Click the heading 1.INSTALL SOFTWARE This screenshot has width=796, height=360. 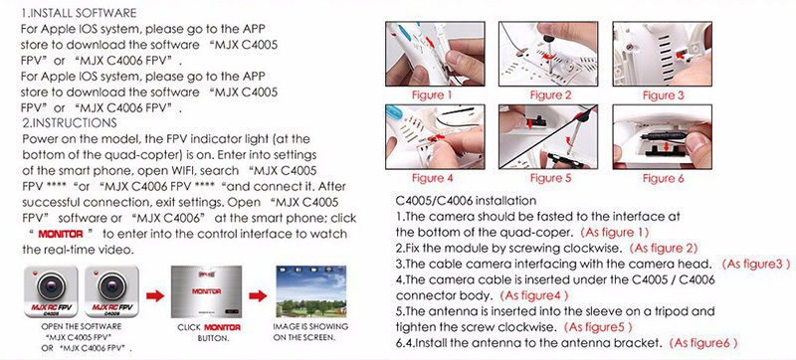[79, 13]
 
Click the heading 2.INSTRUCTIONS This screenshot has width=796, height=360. [70, 122]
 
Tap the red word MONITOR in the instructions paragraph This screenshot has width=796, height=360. [61, 234]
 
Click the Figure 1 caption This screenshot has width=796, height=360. [432, 94]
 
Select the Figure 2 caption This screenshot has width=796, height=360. [551, 94]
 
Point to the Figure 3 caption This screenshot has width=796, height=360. [664, 94]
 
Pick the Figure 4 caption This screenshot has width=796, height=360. [432, 178]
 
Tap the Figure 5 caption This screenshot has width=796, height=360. [551, 178]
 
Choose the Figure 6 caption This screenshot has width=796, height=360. [664, 178]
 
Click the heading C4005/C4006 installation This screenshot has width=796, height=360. [466, 201]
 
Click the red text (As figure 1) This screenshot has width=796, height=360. [615, 233]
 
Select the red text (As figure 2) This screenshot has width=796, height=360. [664, 249]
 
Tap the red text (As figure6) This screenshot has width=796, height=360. [703, 343]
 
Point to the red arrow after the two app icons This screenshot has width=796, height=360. [155, 295]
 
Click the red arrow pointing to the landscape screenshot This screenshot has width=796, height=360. [258, 295]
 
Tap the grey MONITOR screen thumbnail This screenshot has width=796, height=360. [206, 291]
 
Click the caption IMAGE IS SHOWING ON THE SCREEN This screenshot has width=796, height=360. [310, 332]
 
